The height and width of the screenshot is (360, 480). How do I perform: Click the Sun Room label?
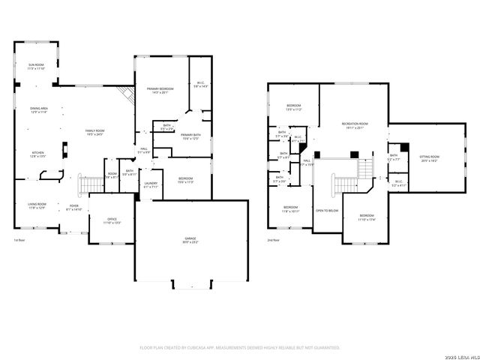[36, 67]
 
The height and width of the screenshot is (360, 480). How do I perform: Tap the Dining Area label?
[38, 110]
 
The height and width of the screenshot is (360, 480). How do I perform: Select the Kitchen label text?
[36, 154]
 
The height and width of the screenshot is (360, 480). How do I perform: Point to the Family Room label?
[94, 133]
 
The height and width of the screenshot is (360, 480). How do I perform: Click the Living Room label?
[37, 206]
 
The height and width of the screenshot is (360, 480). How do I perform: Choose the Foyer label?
[74, 207]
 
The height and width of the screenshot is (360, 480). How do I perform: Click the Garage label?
[191, 240]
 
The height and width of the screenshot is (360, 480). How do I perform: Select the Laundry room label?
[150, 184]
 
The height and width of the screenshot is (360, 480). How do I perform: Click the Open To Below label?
[325, 211]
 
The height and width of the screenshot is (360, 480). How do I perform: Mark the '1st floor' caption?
[19, 240]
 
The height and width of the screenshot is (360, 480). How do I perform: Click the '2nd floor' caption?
[274, 240]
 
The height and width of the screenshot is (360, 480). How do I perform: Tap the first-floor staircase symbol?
[90, 183]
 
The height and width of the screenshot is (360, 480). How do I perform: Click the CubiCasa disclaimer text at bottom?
[240, 347]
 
